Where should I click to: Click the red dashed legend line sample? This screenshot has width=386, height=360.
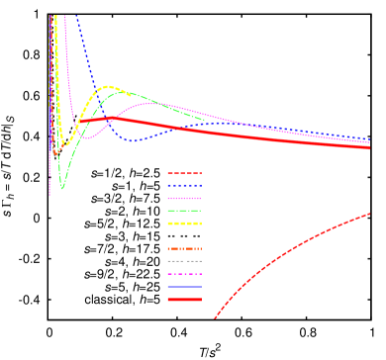coord(184,172)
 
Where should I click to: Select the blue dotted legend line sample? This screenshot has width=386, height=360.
coord(184,185)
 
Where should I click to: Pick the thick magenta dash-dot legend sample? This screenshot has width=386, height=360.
coord(184,198)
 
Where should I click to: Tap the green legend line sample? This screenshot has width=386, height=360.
coord(184,211)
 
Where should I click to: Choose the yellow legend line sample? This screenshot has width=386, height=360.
coord(184,224)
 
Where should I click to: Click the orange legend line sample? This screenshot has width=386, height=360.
coord(184,248)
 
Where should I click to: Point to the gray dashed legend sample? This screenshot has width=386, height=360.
coord(184,261)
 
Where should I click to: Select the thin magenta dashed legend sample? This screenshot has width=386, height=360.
coord(184,274)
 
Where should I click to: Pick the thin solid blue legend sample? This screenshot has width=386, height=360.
coord(184,287)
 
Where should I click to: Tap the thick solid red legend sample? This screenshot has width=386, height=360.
coord(184,300)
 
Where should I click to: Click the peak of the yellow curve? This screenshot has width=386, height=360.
coord(110,87)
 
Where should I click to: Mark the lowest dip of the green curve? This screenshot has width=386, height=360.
coord(62,187)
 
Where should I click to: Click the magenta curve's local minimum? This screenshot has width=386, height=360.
coord(87,137)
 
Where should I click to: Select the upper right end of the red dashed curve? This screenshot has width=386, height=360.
coord(370,213)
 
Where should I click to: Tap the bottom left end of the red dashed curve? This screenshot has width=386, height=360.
coord(214,318)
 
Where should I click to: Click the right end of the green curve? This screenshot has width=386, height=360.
coord(204,121)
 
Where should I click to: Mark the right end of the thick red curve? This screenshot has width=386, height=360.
coord(370,147)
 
